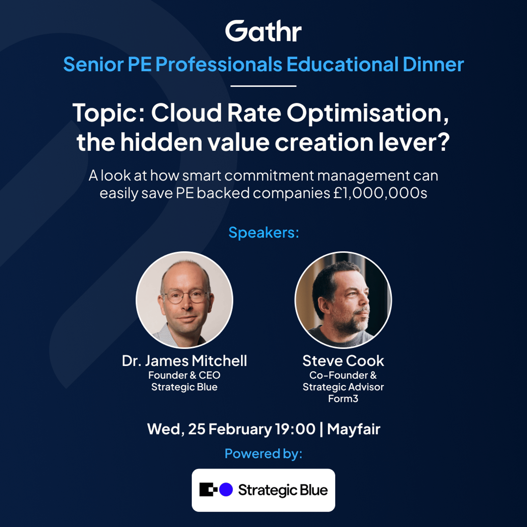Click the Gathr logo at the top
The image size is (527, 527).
[x=263, y=31]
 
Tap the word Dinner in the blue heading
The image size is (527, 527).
[x=433, y=64]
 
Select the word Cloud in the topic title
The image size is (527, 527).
[x=186, y=113]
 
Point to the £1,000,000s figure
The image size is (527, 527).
[x=380, y=193]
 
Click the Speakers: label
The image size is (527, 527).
[x=264, y=233]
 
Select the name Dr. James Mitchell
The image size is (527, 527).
[x=184, y=361]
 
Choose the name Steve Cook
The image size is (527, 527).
[x=343, y=361]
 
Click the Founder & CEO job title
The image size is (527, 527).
[x=184, y=375]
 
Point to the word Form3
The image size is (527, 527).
[x=343, y=399]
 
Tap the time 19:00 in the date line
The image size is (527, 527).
[x=295, y=429]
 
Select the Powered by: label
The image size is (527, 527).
[x=263, y=454]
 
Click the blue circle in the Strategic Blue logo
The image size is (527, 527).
[x=226, y=489]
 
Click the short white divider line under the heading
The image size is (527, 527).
[x=263, y=86]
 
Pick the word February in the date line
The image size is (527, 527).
[x=240, y=430]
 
